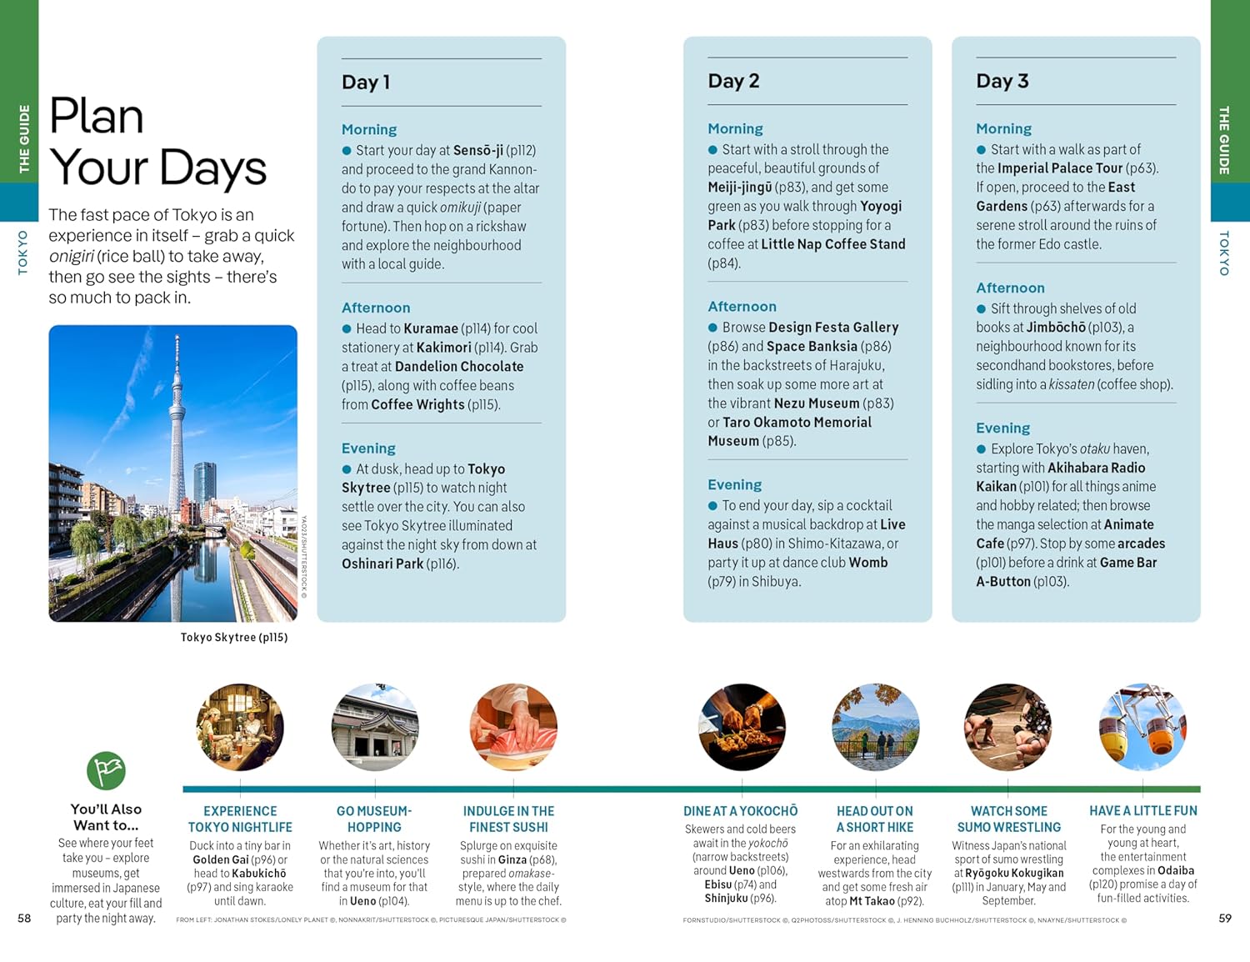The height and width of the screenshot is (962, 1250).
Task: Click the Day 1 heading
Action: [366, 82]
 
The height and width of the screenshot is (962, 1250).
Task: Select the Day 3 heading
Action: [1002, 81]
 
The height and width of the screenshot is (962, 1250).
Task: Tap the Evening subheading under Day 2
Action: [734, 484]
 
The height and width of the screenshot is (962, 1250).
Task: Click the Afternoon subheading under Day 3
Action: [1010, 288]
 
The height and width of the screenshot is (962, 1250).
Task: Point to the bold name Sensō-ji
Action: [477, 150]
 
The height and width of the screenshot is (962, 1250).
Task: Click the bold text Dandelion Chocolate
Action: [459, 366]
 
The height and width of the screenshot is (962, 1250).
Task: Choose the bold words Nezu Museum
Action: [817, 403]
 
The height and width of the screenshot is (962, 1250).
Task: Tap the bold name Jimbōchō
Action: [1056, 328]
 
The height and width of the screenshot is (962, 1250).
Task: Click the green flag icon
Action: [106, 770]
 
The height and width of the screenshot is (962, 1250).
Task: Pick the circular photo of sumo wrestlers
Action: [1007, 727]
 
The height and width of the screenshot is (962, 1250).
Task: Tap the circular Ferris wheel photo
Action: [1142, 727]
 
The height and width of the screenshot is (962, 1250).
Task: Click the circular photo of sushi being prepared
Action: [512, 727]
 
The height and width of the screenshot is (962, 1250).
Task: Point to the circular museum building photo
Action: [375, 727]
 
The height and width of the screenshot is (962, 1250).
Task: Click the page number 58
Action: [24, 918]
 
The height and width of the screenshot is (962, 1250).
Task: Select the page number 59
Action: [1224, 918]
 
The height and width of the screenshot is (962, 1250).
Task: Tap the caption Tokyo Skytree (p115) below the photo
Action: [234, 638]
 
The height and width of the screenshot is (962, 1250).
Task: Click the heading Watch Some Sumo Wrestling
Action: [1008, 819]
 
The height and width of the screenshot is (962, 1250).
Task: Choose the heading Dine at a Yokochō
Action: [740, 811]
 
